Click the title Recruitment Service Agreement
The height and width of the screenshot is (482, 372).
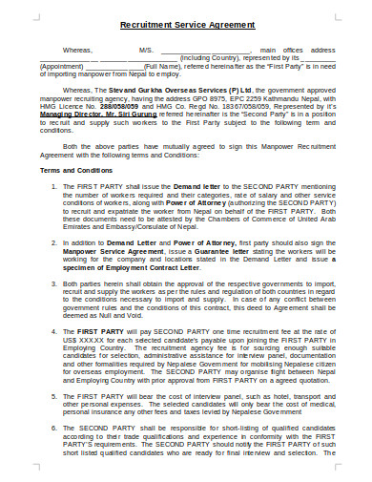(x=187, y=24)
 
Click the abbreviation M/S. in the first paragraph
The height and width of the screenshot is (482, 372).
(x=145, y=48)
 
